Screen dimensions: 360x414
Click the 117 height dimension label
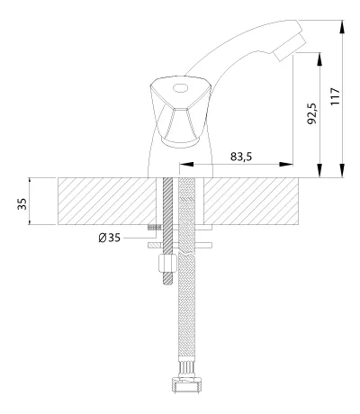coord(335,96)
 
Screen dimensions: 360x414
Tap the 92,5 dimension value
coord(312,113)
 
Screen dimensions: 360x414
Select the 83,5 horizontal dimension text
coord(241,157)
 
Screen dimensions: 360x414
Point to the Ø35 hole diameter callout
coord(109,238)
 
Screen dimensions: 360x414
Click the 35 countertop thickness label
coord(22,204)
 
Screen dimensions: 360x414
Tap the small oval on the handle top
coord(180,88)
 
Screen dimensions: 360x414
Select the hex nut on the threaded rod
coord(167,263)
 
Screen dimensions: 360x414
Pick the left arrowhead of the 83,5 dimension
coord(186,164)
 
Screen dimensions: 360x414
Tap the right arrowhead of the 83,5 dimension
coord(286,164)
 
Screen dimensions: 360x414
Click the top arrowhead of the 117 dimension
coord(342,27)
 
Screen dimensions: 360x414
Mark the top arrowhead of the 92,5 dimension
coord(320,59)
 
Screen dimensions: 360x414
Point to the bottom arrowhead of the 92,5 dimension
coord(320,170)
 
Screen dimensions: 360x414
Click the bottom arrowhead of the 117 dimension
coord(342,170)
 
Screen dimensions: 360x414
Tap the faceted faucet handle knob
coord(181,112)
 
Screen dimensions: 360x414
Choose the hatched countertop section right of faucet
coord(251,201)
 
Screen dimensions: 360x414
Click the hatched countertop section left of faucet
coord(107,201)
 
